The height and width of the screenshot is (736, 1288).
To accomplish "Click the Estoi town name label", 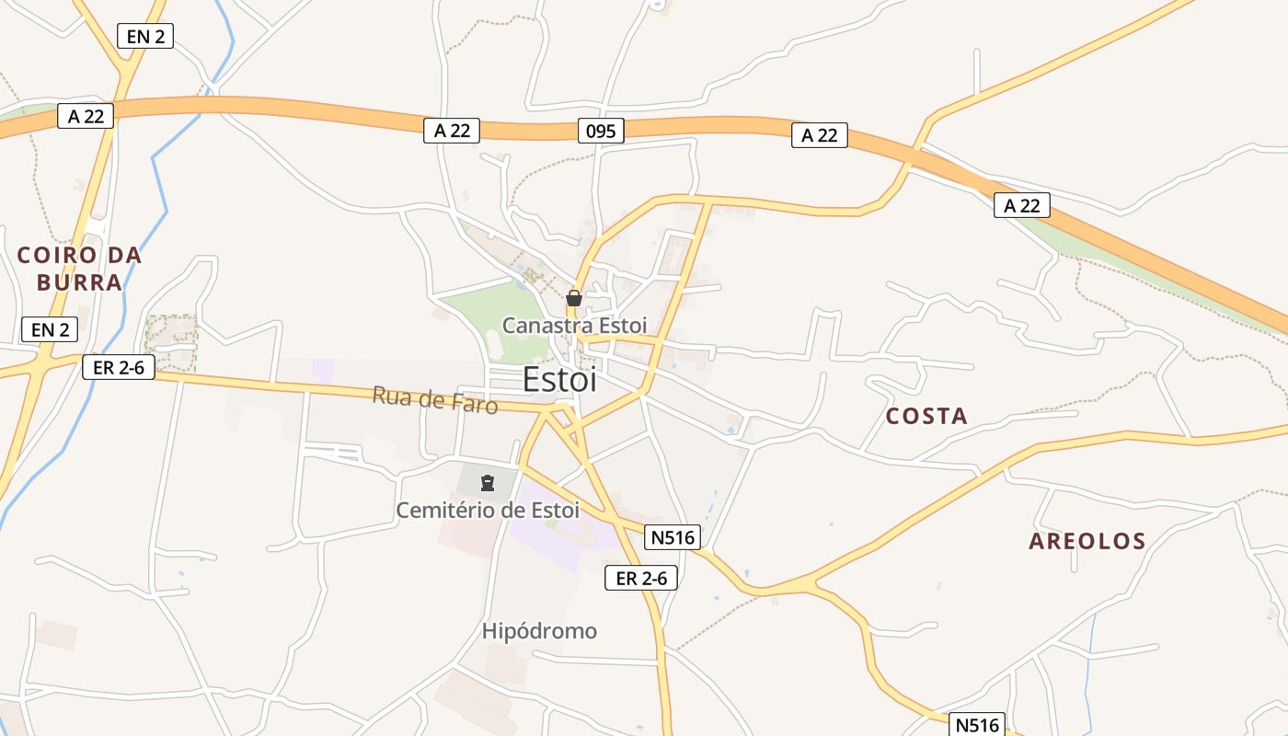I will click(559, 379).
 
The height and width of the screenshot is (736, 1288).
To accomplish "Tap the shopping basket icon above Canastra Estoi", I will click(574, 298).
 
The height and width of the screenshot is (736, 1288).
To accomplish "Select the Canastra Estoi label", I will click(574, 325).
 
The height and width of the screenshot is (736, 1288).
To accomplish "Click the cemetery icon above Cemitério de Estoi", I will click(488, 482).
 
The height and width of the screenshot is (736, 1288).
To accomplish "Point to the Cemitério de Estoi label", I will click(488, 510).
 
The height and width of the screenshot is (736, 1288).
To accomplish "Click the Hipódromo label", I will click(539, 631).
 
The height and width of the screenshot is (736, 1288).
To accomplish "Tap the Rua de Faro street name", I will click(435, 400).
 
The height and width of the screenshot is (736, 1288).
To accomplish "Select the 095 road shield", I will click(602, 131).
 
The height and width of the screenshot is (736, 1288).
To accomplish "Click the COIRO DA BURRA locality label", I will click(79, 269).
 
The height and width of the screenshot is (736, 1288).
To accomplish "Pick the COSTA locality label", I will click(926, 416).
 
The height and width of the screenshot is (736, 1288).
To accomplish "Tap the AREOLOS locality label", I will click(1087, 541).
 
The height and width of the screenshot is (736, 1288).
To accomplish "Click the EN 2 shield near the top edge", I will click(145, 36).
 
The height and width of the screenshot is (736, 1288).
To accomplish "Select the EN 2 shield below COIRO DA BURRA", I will click(50, 328).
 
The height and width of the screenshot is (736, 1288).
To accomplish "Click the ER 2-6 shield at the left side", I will click(119, 367).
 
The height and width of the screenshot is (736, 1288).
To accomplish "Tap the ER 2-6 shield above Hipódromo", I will click(641, 578).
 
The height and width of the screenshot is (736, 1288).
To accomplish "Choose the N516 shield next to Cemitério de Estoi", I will click(673, 537).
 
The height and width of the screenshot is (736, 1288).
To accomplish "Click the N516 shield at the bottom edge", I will click(976, 724).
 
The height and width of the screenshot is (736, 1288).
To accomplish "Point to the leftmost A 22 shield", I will click(86, 115).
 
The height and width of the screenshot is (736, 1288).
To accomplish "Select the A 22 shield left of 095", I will click(452, 131).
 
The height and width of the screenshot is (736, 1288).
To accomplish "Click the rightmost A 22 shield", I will click(1021, 205).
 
